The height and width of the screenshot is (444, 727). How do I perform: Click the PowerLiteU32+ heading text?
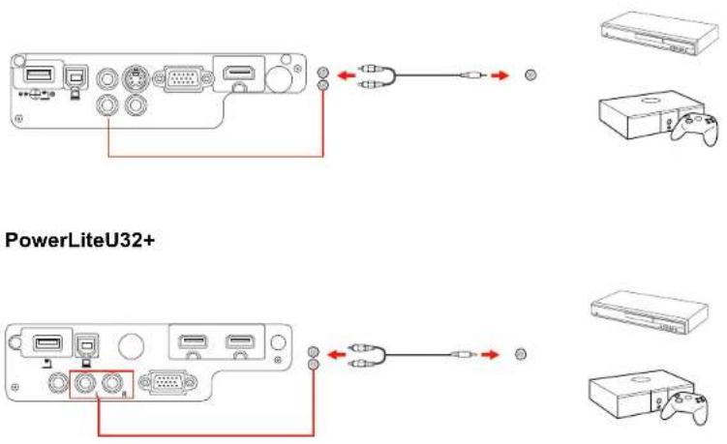click(x=79, y=241)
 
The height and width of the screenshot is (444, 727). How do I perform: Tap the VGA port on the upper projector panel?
click(x=183, y=78)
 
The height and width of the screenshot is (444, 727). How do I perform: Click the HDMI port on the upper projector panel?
click(x=239, y=73)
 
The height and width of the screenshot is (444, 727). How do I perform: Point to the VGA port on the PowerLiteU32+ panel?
click(x=168, y=382)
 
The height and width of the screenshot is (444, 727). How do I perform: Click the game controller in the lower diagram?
click(x=684, y=406)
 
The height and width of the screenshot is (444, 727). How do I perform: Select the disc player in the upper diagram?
click(x=659, y=34)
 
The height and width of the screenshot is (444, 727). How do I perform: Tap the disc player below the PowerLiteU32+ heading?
click(x=650, y=311)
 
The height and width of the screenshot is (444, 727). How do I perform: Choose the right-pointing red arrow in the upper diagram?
click(x=500, y=74)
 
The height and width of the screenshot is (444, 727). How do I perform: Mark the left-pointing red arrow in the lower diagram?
click(x=337, y=355)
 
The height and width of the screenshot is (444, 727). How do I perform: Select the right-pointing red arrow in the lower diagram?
click(x=490, y=355)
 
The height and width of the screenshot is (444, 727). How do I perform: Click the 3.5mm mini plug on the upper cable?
click(x=473, y=74)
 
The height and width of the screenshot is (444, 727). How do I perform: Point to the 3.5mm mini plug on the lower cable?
click(x=464, y=354)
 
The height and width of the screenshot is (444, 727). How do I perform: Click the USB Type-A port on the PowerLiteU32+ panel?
click(x=47, y=343)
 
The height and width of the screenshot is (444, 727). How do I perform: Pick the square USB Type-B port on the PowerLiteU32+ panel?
click(x=86, y=344)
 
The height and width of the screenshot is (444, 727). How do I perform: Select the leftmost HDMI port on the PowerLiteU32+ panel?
click(x=193, y=342)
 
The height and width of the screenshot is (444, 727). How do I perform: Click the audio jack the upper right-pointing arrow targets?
click(x=530, y=74)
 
